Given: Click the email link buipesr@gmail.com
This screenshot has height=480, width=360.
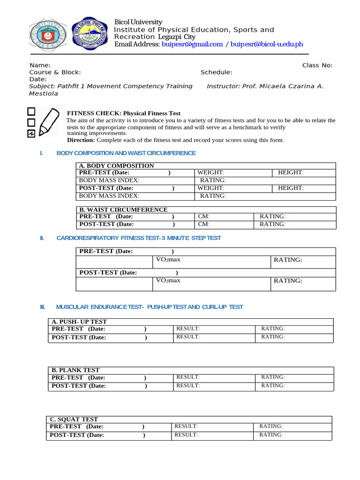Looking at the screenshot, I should click(x=192, y=45).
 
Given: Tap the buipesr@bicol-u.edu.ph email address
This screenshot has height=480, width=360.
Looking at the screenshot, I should click(x=267, y=45).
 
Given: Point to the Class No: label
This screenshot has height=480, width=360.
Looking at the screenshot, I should click(x=317, y=65).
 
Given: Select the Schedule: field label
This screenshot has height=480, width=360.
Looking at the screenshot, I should click(x=216, y=72).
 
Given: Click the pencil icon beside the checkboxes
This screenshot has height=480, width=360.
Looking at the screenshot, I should click(x=49, y=121).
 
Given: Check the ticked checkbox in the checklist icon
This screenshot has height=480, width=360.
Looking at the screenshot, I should click(x=31, y=134).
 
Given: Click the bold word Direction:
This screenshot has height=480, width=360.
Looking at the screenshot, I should click(x=81, y=140).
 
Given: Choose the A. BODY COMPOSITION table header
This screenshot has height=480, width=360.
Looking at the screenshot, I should click(x=116, y=165).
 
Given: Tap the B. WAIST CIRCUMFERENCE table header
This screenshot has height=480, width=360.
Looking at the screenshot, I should click(x=123, y=210).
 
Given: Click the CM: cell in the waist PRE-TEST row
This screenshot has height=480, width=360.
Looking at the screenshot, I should click(x=203, y=217).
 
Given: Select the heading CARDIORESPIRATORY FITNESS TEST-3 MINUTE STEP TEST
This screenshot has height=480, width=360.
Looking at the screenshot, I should click(x=138, y=238).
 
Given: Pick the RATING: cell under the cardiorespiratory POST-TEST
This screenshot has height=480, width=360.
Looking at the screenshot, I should click(x=288, y=281).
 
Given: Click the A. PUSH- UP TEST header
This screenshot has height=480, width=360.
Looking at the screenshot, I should click(x=79, y=322).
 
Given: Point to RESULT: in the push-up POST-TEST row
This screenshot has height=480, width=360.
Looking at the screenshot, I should click(x=188, y=337).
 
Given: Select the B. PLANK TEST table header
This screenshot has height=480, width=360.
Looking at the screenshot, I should click(x=75, y=370).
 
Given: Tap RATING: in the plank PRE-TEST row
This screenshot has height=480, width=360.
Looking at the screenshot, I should click(x=273, y=377).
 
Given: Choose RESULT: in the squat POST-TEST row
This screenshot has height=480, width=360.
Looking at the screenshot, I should click(x=186, y=435).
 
